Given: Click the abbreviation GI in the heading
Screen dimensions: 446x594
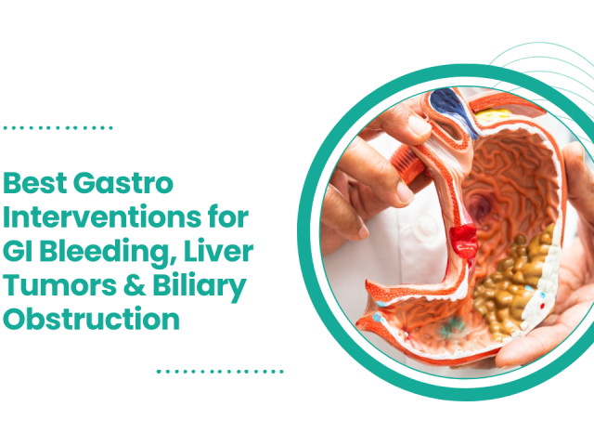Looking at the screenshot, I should click(19, 252).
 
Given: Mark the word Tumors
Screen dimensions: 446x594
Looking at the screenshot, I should click(53, 286).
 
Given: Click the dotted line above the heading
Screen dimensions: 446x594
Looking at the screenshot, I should click(58, 127).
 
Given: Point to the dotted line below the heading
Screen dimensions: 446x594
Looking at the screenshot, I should click(219, 370).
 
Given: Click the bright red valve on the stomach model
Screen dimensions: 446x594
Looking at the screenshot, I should click(462, 241).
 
